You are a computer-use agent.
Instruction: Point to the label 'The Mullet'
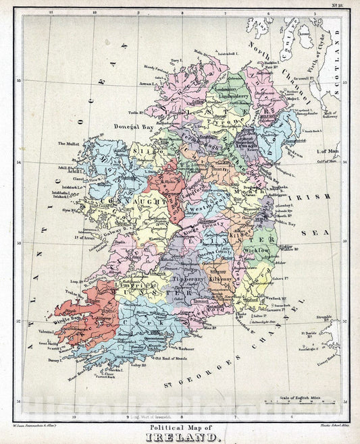(x=68, y=144)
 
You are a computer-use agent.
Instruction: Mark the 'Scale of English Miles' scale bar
(x=303, y=398)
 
